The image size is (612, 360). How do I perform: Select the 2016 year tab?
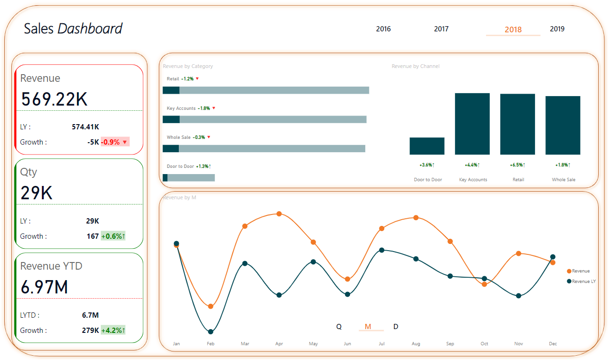point(383,29)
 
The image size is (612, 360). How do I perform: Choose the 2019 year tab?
point(557,29)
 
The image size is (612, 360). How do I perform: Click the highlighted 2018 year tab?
point(513,29)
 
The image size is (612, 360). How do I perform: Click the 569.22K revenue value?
point(54,99)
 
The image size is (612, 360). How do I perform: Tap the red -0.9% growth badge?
point(115,142)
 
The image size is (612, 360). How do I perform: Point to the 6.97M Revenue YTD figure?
point(44,287)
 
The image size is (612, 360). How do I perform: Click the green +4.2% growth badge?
point(113,331)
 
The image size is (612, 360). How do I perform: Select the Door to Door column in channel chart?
point(427,146)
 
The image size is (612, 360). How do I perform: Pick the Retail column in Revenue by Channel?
point(517,124)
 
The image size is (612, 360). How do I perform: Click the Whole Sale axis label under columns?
point(563,180)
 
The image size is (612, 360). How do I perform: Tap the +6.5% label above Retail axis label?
point(517,165)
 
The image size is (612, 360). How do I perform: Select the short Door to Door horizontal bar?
point(189,178)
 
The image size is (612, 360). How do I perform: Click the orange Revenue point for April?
point(279,214)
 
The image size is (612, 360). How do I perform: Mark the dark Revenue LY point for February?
point(211,331)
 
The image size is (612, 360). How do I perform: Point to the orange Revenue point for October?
point(484,284)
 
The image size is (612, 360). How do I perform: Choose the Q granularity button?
point(339,327)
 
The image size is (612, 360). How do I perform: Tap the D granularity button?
point(396,327)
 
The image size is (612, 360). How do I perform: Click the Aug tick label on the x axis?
point(416,344)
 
